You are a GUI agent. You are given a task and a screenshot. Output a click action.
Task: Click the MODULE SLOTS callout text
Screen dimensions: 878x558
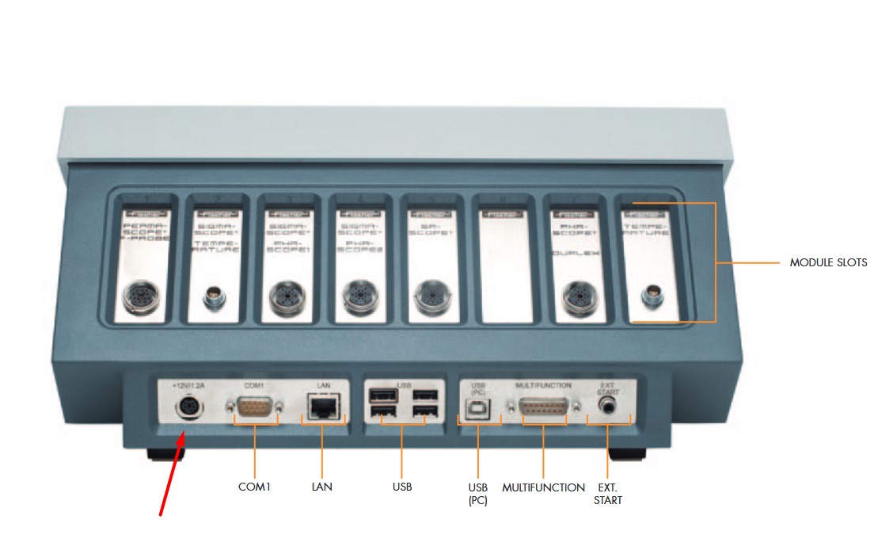pyautogui.click(x=828, y=262)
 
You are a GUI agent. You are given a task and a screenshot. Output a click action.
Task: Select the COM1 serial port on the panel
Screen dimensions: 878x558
pyautogui.click(x=254, y=407)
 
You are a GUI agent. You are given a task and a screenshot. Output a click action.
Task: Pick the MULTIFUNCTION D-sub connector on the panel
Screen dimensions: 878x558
pyautogui.click(x=544, y=407)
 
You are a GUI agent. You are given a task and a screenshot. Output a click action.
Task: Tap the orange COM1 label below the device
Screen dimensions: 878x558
pyautogui.click(x=254, y=487)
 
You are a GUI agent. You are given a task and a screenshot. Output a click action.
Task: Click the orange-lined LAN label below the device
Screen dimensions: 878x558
pyautogui.click(x=321, y=487)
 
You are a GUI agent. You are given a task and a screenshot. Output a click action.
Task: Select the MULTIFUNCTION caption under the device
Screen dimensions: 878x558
pyautogui.click(x=543, y=487)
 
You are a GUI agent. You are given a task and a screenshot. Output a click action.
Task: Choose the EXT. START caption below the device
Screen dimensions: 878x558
pyautogui.click(x=608, y=494)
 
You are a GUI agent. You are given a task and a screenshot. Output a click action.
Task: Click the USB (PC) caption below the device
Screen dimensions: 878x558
pyautogui.click(x=477, y=494)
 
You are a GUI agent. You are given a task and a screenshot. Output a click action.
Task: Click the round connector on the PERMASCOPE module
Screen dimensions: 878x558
pyautogui.click(x=143, y=299)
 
